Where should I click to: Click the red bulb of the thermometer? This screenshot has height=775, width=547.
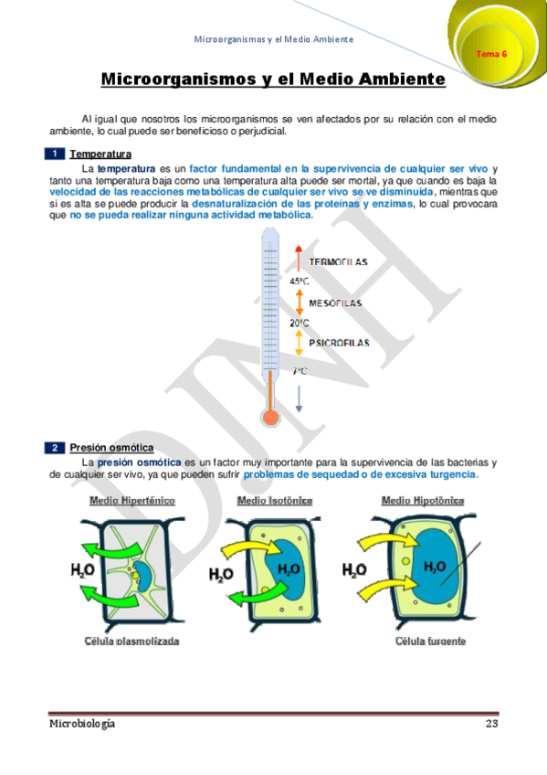(x=269, y=418)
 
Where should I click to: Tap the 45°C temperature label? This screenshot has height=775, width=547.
(x=299, y=281)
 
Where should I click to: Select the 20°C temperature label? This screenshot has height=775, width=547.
(x=299, y=323)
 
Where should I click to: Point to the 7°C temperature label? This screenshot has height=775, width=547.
(x=300, y=371)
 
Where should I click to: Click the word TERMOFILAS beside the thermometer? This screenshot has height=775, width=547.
(x=338, y=262)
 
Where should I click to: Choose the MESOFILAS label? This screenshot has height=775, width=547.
(x=335, y=303)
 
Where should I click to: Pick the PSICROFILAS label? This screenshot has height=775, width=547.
(x=338, y=343)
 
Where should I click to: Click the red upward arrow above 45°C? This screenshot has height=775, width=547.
(x=299, y=258)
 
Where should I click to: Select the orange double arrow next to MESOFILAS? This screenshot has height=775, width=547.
(x=299, y=302)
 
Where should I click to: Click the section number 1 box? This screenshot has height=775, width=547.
(x=56, y=154)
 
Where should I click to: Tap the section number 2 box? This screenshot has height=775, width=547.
(x=56, y=447)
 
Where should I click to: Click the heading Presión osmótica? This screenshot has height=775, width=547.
(x=111, y=447)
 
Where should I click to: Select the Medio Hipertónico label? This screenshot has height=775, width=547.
(x=132, y=501)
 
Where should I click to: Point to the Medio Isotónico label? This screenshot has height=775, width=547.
(x=275, y=501)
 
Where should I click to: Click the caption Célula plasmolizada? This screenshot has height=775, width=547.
(x=134, y=641)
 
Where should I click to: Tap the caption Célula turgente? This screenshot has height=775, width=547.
(x=430, y=641)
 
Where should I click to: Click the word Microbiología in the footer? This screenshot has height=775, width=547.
(x=82, y=724)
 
